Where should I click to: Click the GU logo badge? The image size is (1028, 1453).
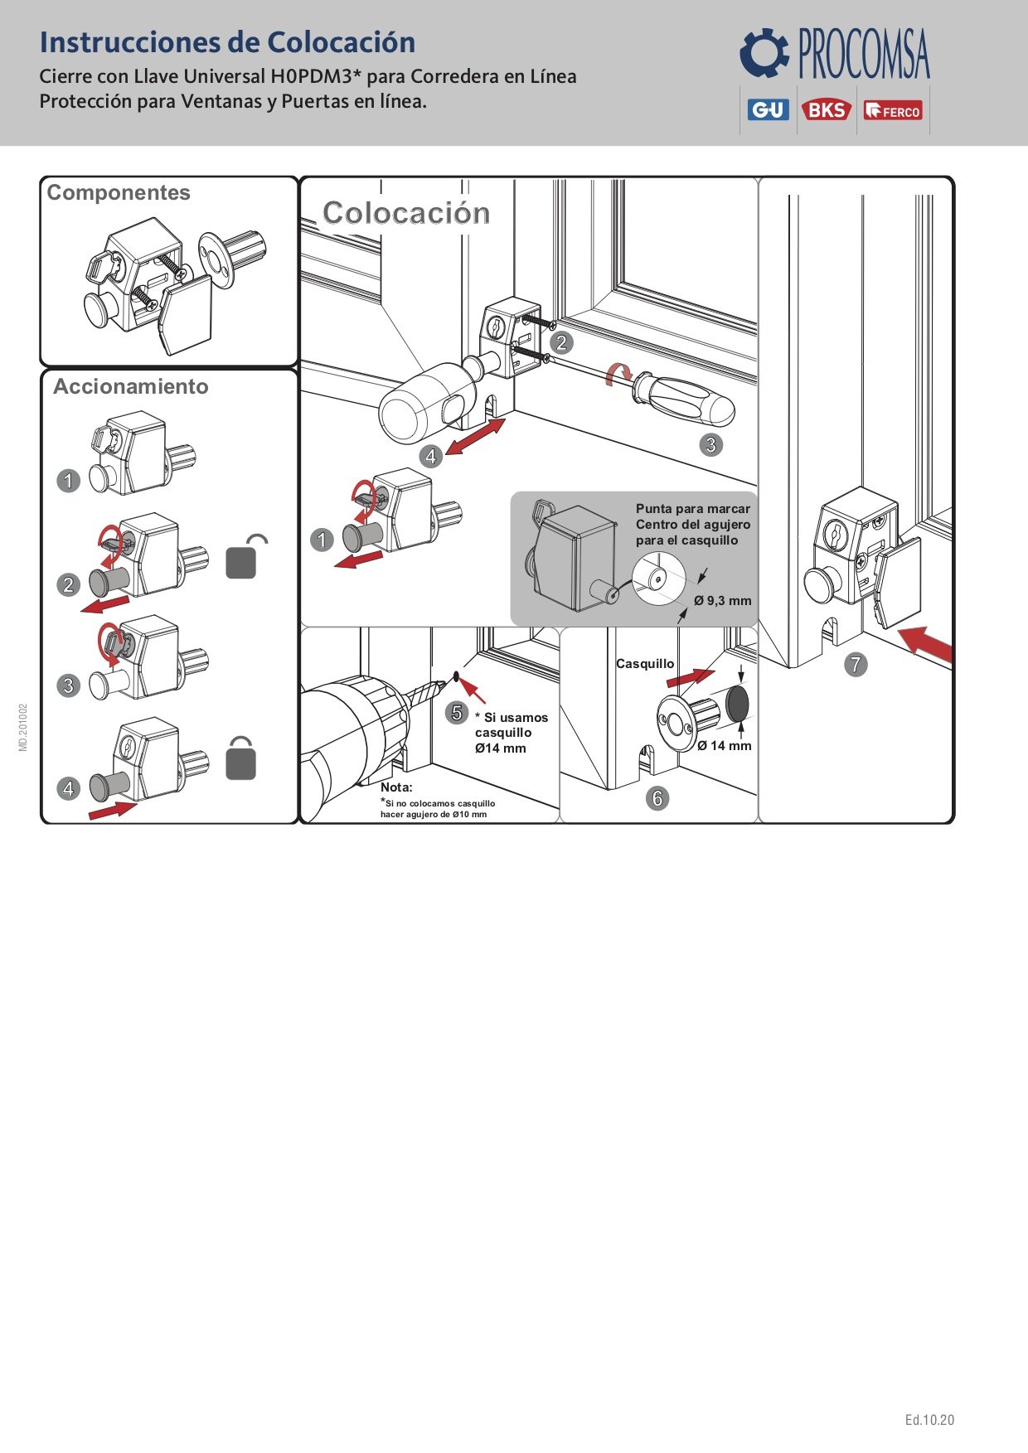[768, 109]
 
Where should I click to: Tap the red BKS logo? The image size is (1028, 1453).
[826, 109]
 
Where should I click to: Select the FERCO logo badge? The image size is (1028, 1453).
[893, 110]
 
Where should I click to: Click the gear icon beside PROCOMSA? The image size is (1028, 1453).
[764, 52]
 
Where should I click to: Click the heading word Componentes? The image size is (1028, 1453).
[119, 192]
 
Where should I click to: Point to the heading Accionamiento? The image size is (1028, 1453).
[131, 386]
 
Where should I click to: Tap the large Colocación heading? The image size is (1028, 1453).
[406, 213]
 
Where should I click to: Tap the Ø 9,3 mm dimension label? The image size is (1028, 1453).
[723, 601]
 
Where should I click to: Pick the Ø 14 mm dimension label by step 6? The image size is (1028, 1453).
[725, 746]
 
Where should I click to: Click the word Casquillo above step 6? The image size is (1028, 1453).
[645, 664]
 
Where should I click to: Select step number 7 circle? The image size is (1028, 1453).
[856, 664]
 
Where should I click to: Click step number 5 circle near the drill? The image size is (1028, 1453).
[457, 712]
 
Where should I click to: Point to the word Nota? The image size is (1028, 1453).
[396, 787]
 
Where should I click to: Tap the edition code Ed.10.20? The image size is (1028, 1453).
[929, 1420]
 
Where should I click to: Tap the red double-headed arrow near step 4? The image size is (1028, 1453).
[475, 437]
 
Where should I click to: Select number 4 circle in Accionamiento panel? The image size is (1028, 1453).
[69, 788]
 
